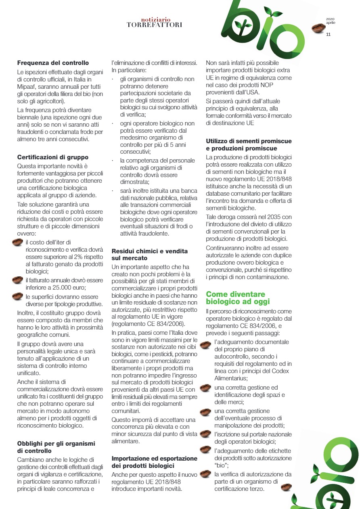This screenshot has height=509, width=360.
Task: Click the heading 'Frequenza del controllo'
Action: [53, 63]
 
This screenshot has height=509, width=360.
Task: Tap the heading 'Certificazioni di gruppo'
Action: [53, 157]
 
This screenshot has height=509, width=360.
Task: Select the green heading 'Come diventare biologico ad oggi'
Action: [236, 298]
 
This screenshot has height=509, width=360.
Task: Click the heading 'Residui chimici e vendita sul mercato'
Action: [149, 254]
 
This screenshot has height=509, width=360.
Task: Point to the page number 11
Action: [328, 35]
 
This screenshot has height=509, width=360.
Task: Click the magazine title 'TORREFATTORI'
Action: [154, 25]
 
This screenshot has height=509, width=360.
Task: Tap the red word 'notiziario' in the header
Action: [156, 19]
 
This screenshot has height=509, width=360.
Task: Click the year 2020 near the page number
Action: [330, 19]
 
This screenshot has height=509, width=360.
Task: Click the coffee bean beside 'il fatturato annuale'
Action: [18, 280]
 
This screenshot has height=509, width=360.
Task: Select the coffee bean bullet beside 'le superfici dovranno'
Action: [18, 297]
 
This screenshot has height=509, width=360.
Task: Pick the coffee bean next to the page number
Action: [318, 29]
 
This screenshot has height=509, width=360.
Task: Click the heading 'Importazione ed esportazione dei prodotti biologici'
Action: [154, 462]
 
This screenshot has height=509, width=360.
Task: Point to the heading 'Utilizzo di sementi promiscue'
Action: [249, 141]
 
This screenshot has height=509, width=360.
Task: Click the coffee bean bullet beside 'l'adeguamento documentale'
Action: [206, 345]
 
